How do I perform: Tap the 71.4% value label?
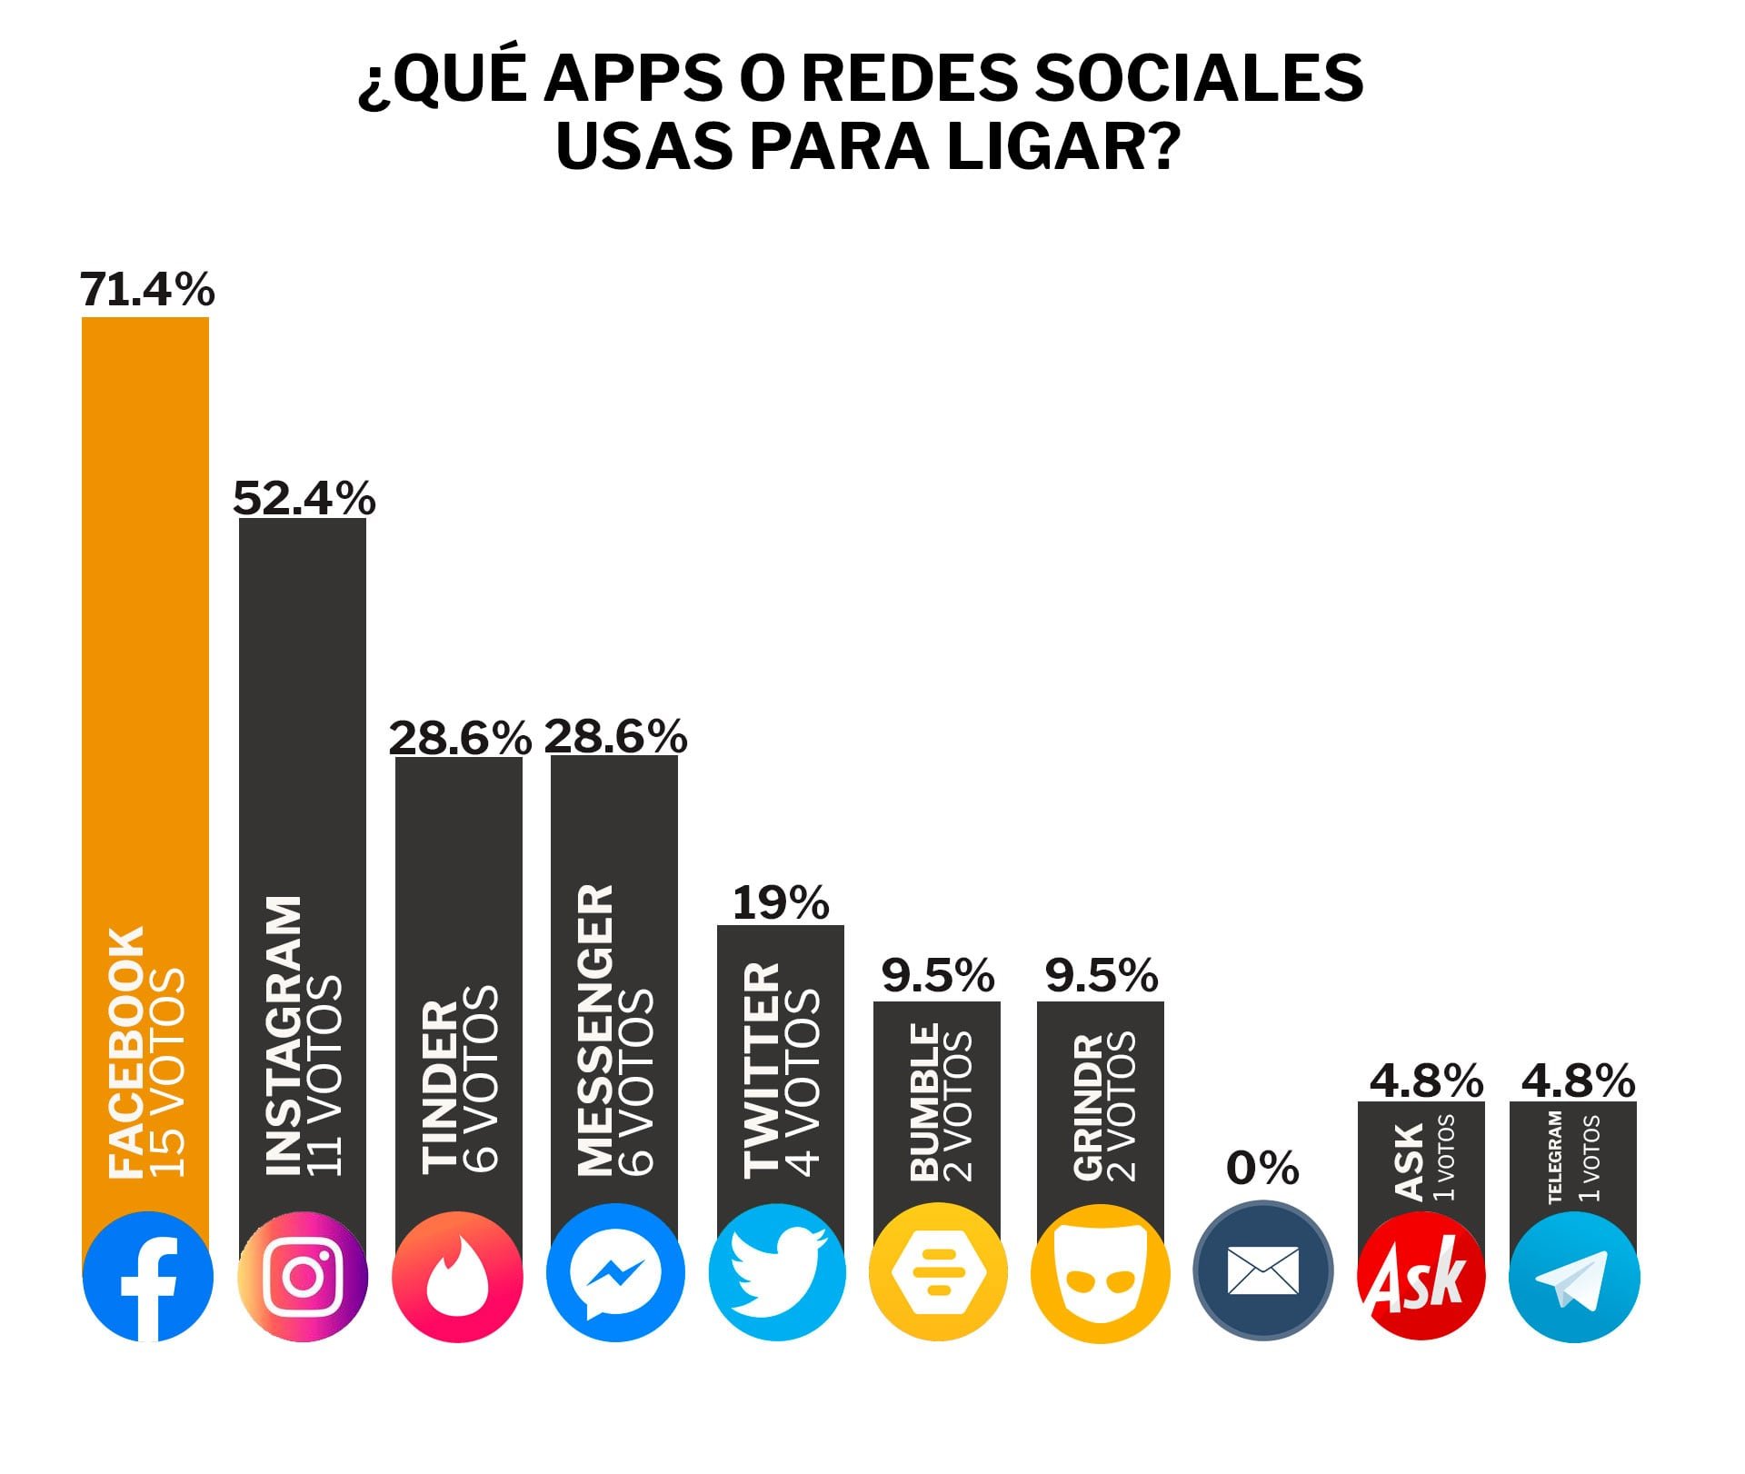tap(147, 290)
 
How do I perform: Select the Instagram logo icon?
tap(303, 1276)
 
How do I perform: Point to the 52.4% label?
tap(304, 498)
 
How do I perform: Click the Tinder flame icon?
tap(457, 1276)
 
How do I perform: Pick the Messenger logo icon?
tap(615, 1273)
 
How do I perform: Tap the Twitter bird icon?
tap(777, 1272)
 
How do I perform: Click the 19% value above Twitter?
tap(781, 903)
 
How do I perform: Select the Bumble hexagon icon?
tap(937, 1272)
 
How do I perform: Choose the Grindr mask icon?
tap(1100, 1272)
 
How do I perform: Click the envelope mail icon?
tap(1262, 1270)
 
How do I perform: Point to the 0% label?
tap(1262, 1169)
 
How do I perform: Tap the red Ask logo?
tap(1421, 1275)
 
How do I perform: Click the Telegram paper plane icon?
tap(1574, 1277)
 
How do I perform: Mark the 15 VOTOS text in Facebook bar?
tap(167, 1072)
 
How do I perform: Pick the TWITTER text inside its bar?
tap(762, 1071)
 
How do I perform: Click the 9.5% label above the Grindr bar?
tap(1101, 976)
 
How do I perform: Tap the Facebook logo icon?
tap(147, 1277)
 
